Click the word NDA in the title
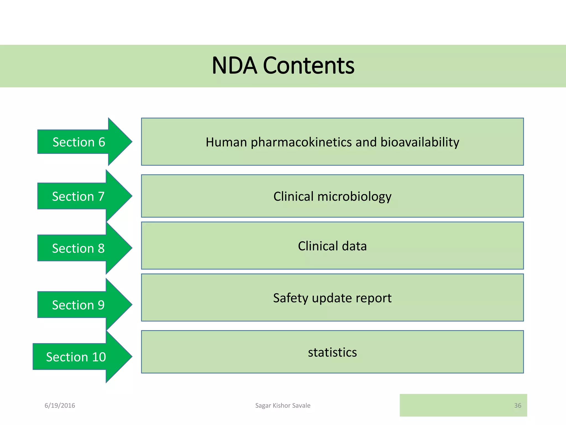pos(234,66)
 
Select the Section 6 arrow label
pos(79,142)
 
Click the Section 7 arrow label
pos(78,196)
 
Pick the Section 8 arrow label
pos(78,248)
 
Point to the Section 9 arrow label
pos(78,305)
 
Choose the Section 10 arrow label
pos(76,357)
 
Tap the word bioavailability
pos(420,142)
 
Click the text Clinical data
pos(332,246)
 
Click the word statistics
pos(332,353)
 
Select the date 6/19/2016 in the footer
pos(60,406)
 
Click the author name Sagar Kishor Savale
pos(283,406)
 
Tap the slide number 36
pos(517,406)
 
